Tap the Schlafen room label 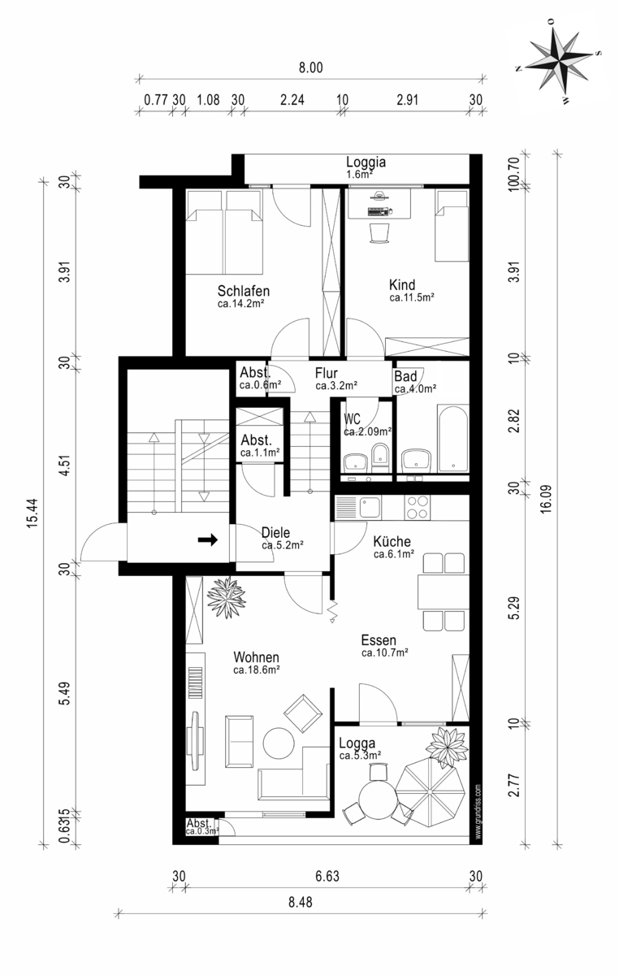point(244,290)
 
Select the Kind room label point(402,285)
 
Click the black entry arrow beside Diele point(208,540)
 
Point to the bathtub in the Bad point(453,439)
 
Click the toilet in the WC point(380,458)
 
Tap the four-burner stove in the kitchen point(417,507)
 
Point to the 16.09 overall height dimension point(545,499)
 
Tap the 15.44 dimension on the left point(33,513)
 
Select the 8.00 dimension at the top point(310,68)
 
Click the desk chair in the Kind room point(379,233)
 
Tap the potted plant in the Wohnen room point(226,597)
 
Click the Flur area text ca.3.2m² point(336,385)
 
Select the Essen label point(379,640)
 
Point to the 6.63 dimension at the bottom point(327,876)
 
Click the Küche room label point(392,541)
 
